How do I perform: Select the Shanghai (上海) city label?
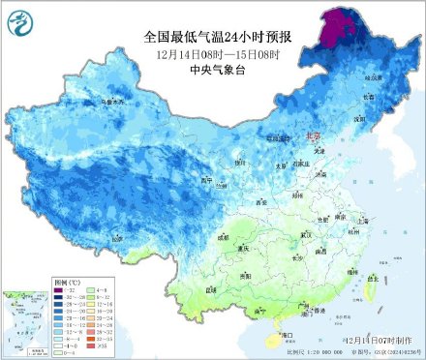(x=364, y=221)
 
